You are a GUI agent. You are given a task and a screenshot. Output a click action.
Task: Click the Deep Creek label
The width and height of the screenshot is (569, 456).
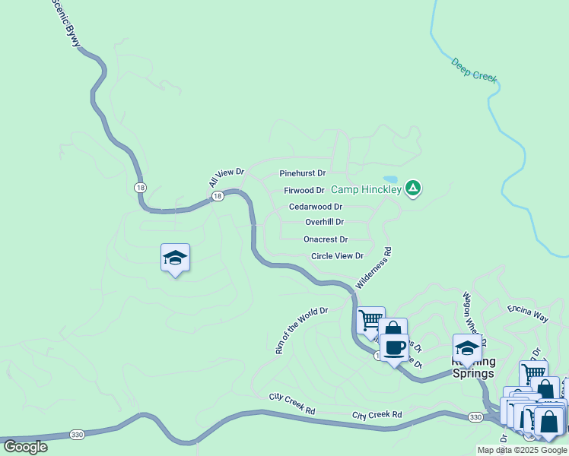pyautogui.click(x=473, y=69)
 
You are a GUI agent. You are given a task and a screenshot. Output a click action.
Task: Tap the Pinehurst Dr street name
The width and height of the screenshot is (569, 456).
pyautogui.click(x=302, y=173)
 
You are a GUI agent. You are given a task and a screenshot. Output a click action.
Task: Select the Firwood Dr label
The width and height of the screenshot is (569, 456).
pyautogui.click(x=304, y=190)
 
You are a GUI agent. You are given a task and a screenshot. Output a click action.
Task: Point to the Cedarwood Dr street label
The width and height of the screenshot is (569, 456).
pyautogui.click(x=315, y=207)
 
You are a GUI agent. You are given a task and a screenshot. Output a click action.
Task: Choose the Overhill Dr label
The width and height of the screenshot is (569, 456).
pyautogui.click(x=324, y=223)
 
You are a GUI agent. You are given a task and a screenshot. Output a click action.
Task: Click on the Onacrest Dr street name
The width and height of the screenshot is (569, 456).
pyautogui.click(x=326, y=239)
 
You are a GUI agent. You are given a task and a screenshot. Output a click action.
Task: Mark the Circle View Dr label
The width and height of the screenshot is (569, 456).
pyautogui.click(x=337, y=256)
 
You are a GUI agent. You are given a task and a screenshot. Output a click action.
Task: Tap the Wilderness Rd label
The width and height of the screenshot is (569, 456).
pyautogui.click(x=373, y=268)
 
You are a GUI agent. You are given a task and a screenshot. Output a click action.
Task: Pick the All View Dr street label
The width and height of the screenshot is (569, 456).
pyautogui.click(x=226, y=178)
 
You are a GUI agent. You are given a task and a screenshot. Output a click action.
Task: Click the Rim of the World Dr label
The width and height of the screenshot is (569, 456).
pyautogui.click(x=300, y=331)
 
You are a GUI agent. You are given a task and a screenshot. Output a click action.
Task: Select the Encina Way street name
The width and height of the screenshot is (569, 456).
pyautogui.click(x=527, y=313)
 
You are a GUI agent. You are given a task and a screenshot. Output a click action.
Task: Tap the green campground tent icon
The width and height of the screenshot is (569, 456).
pyautogui.click(x=413, y=187)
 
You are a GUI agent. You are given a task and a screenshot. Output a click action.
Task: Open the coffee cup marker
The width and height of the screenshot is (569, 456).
pyautogui.click(x=393, y=348)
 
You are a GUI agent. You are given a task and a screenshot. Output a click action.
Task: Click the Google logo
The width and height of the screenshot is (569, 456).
pyautogui.click(x=25, y=447)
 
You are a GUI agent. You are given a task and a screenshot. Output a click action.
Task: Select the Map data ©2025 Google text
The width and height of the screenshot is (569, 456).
pyautogui.click(x=522, y=450)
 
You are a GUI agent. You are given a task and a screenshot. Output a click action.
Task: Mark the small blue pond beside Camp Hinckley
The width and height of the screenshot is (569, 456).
pyautogui.click(x=390, y=179)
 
